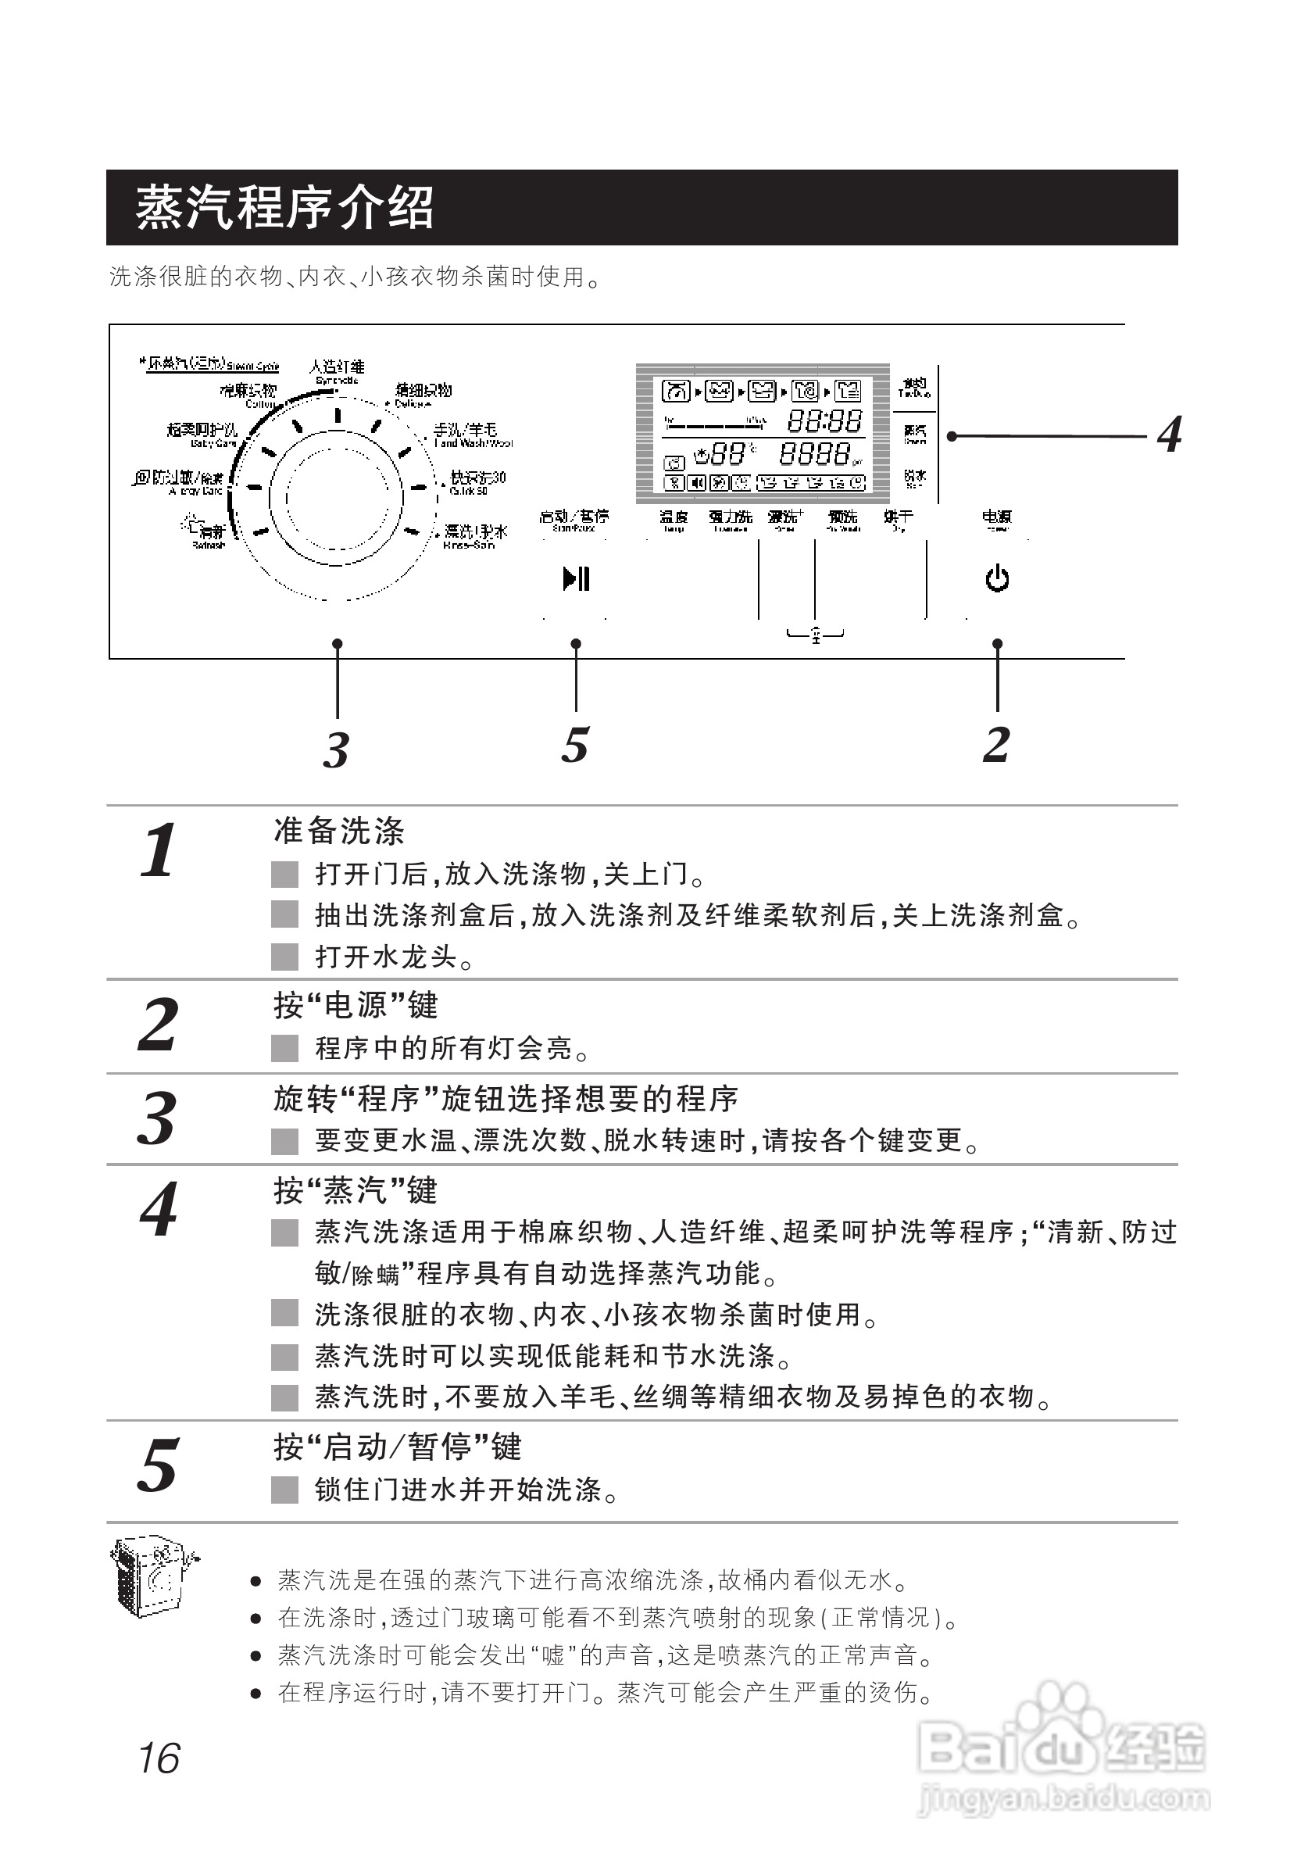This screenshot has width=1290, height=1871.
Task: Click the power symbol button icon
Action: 996,579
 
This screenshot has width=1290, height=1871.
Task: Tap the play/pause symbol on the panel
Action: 577,579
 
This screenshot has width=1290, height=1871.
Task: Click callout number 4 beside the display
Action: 1169,435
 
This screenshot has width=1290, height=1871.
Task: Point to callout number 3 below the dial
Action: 336,749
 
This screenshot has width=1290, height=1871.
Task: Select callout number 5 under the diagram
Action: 575,745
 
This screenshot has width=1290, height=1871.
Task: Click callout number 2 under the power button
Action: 996,745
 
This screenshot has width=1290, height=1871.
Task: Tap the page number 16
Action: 159,1758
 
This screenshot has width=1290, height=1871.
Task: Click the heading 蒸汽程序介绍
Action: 284,208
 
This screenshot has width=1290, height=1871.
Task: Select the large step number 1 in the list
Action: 158,850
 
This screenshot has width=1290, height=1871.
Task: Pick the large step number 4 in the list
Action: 159,1210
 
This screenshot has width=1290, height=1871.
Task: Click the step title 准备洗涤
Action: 338,831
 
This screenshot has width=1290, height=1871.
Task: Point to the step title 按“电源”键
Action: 356,1006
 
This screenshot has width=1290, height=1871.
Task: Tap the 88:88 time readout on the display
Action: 824,420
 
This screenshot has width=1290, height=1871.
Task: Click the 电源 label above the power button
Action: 996,517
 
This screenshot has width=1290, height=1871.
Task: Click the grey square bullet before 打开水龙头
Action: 284,957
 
